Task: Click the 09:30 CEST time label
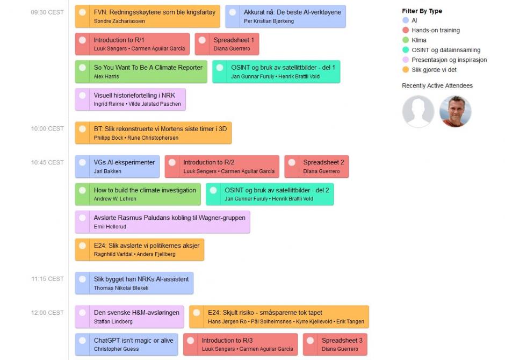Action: pyautogui.click(x=47, y=12)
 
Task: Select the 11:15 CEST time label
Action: pyautogui.click(x=47, y=279)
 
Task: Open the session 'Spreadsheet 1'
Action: pyautogui.click(x=234, y=40)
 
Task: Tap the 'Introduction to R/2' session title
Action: pyautogui.click(x=208, y=162)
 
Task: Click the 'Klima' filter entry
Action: pyautogui.click(x=419, y=40)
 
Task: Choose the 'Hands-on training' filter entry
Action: pyautogui.click(x=435, y=31)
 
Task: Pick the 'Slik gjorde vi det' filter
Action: pyautogui.click(x=434, y=70)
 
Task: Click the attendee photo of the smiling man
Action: pyautogui.click(x=455, y=112)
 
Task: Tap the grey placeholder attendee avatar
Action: pyautogui.click(x=418, y=112)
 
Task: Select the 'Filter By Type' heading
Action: pyautogui.click(x=422, y=11)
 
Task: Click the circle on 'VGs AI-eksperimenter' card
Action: pyautogui.click(x=82, y=162)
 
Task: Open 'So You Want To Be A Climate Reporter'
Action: pyautogui.click(x=148, y=68)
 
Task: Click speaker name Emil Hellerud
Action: pyautogui.click(x=107, y=227)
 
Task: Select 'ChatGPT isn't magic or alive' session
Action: pyautogui.click(x=133, y=341)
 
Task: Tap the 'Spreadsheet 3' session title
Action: pyautogui.click(x=342, y=341)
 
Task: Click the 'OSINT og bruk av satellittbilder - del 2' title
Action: pyautogui.click(x=276, y=190)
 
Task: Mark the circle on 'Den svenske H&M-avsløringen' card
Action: pyautogui.click(x=82, y=313)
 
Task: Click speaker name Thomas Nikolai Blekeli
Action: pyautogui.click(x=121, y=288)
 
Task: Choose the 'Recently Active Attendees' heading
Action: pyautogui.click(x=437, y=86)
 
